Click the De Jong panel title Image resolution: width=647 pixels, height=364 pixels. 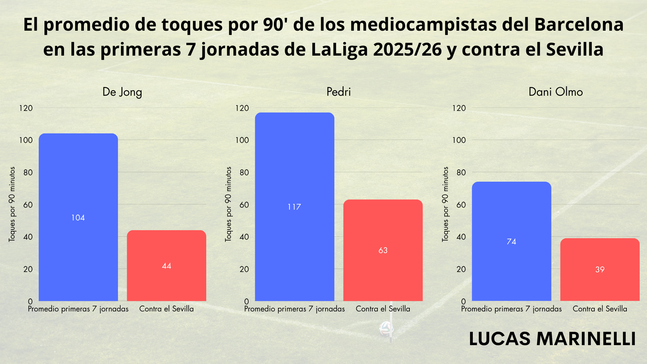[x=122, y=92]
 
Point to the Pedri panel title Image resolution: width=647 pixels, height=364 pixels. [x=339, y=92]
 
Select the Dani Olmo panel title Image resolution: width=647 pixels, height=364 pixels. [x=556, y=92]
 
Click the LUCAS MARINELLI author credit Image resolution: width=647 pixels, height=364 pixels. [x=552, y=339]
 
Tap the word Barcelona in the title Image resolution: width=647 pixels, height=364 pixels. [x=579, y=25]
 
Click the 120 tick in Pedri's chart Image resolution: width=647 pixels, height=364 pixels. [x=242, y=108]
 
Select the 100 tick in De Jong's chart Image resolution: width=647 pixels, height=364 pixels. [x=26, y=140]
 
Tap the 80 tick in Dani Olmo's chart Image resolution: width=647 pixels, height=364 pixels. [x=461, y=173]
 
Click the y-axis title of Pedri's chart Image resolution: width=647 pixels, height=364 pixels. [x=228, y=204]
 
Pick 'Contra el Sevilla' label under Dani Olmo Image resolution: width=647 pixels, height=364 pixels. [x=600, y=309]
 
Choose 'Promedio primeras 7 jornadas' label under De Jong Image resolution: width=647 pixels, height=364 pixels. [x=78, y=309]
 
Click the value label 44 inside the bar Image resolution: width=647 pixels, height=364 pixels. [x=166, y=266]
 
